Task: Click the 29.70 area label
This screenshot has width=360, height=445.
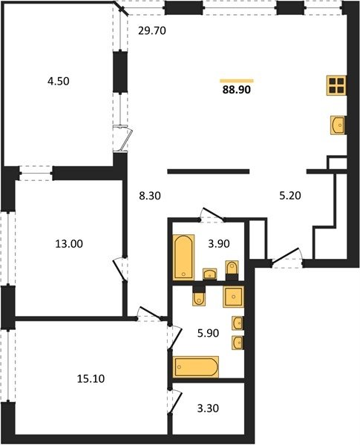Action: pyautogui.click(x=151, y=30)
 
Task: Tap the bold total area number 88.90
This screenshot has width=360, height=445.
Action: pyautogui.click(x=236, y=90)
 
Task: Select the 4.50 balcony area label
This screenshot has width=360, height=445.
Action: pyautogui.click(x=59, y=82)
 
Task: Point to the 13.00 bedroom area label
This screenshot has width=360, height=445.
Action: pyautogui.click(x=69, y=244)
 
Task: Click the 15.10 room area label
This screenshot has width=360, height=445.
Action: pyautogui.click(x=91, y=378)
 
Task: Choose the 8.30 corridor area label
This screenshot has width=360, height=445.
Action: pyautogui.click(x=150, y=196)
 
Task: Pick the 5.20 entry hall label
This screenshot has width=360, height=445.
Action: pyautogui.click(x=290, y=196)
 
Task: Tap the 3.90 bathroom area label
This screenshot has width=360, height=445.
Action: pyautogui.click(x=219, y=244)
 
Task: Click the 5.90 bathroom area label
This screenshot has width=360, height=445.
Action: pyautogui.click(x=208, y=333)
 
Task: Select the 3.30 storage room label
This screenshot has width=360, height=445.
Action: pyautogui.click(x=208, y=409)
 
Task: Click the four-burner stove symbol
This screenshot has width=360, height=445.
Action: pyautogui.click(x=337, y=85)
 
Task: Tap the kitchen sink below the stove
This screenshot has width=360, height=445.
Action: pyautogui.click(x=338, y=125)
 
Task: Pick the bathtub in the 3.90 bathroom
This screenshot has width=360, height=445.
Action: pyautogui.click(x=183, y=257)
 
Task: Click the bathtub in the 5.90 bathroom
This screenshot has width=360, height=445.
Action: pyautogui.click(x=196, y=366)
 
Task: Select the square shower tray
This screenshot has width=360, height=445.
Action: pyautogui.click(x=234, y=297)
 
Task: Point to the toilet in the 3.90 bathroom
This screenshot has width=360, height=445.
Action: pyautogui.click(x=232, y=268)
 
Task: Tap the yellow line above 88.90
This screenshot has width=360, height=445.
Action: pyautogui.click(x=237, y=81)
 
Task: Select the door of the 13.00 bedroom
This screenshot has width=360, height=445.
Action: pyautogui.click(x=120, y=270)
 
